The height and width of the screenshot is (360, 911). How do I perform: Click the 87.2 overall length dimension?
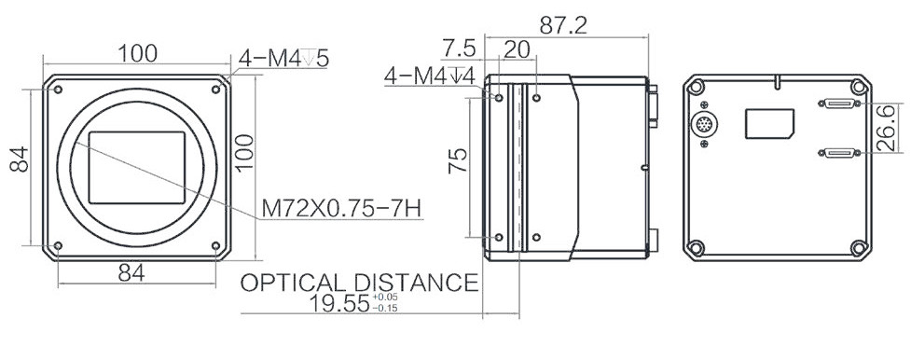563,25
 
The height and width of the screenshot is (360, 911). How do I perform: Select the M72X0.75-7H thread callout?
341,208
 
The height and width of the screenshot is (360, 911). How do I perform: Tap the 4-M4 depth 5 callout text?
284,58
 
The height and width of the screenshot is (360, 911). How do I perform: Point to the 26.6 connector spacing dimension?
886,129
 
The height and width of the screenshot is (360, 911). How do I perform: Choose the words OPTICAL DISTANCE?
359,283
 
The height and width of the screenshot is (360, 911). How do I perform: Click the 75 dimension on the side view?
457,160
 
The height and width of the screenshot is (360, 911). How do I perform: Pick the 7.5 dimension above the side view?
460,48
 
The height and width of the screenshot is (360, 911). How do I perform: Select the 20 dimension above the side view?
517,49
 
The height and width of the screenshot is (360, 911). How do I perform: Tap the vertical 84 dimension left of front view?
20,159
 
